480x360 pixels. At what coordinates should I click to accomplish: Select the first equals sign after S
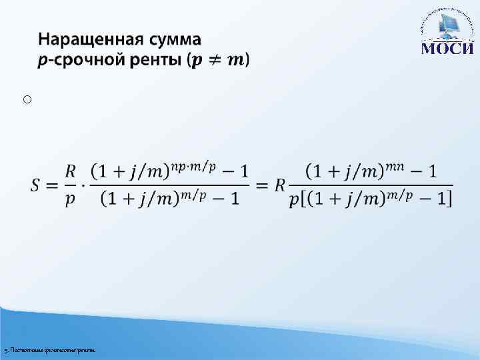point(54,185)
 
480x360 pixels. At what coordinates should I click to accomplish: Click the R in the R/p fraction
point(70,172)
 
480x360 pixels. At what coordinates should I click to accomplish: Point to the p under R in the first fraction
point(70,199)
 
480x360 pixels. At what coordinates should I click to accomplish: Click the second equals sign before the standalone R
point(263,185)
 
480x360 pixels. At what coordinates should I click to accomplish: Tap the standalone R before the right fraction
point(280,185)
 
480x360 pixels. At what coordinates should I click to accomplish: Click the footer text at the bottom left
point(50,349)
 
